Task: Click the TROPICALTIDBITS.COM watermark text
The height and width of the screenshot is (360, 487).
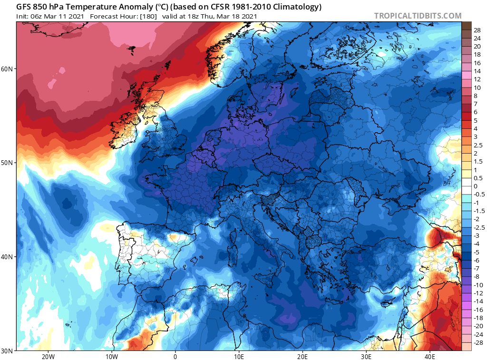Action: pos(418,16)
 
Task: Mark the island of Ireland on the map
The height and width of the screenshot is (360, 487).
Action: pos(125,127)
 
